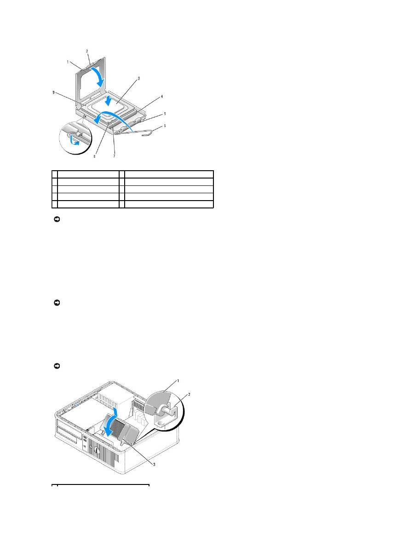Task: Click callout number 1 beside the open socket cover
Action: click(68, 62)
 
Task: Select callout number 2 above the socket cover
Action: click(87, 51)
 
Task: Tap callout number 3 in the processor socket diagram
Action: click(139, 78)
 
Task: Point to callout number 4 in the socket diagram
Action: click(162, 97)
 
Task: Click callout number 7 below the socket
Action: click(114, 156)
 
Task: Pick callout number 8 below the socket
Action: click(94, 156)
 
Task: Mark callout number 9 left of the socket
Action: click(53, 92)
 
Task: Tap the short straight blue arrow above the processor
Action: click(108, 101)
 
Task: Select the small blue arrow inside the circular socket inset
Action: click(74, 140)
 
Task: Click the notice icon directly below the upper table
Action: click(57, 219)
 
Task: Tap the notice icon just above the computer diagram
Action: click(57, 366)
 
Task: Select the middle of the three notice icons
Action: click(57, 303)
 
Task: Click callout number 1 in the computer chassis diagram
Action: click(178, 380)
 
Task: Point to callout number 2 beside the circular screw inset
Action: click(189, 394)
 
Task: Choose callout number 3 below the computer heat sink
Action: click(154, 464)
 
